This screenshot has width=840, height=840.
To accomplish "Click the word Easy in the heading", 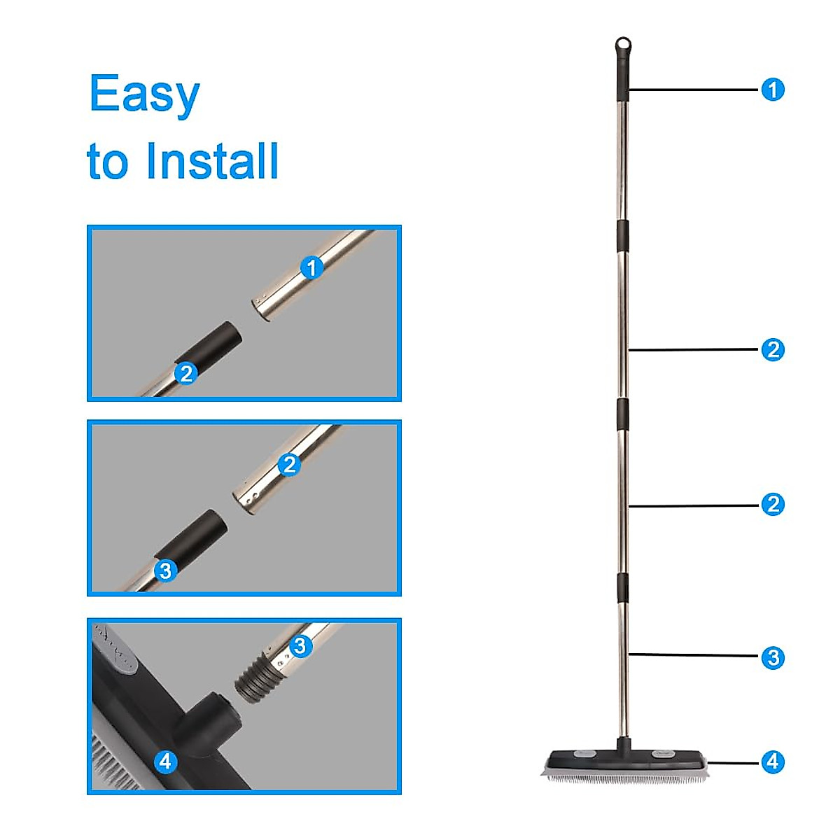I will [144, 94].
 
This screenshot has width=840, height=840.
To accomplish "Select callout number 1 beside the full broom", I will [773, 90].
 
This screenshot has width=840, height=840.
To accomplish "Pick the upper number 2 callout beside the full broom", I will [773, 349].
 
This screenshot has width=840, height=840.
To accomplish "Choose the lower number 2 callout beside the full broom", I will [773, 504].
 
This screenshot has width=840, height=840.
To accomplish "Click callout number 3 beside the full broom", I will [773, 657].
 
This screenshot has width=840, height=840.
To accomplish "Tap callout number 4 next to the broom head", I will [773, 762].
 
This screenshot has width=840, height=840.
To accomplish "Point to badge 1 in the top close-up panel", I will [311, 267].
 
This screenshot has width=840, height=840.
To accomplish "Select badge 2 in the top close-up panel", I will [185, 373].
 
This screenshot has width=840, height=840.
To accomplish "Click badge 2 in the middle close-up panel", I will [289, 464].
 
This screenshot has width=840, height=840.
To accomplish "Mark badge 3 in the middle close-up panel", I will [165, 570].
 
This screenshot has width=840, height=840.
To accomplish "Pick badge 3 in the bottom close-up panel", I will [300, 645].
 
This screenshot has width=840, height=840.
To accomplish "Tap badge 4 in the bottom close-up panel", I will [165, 761].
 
